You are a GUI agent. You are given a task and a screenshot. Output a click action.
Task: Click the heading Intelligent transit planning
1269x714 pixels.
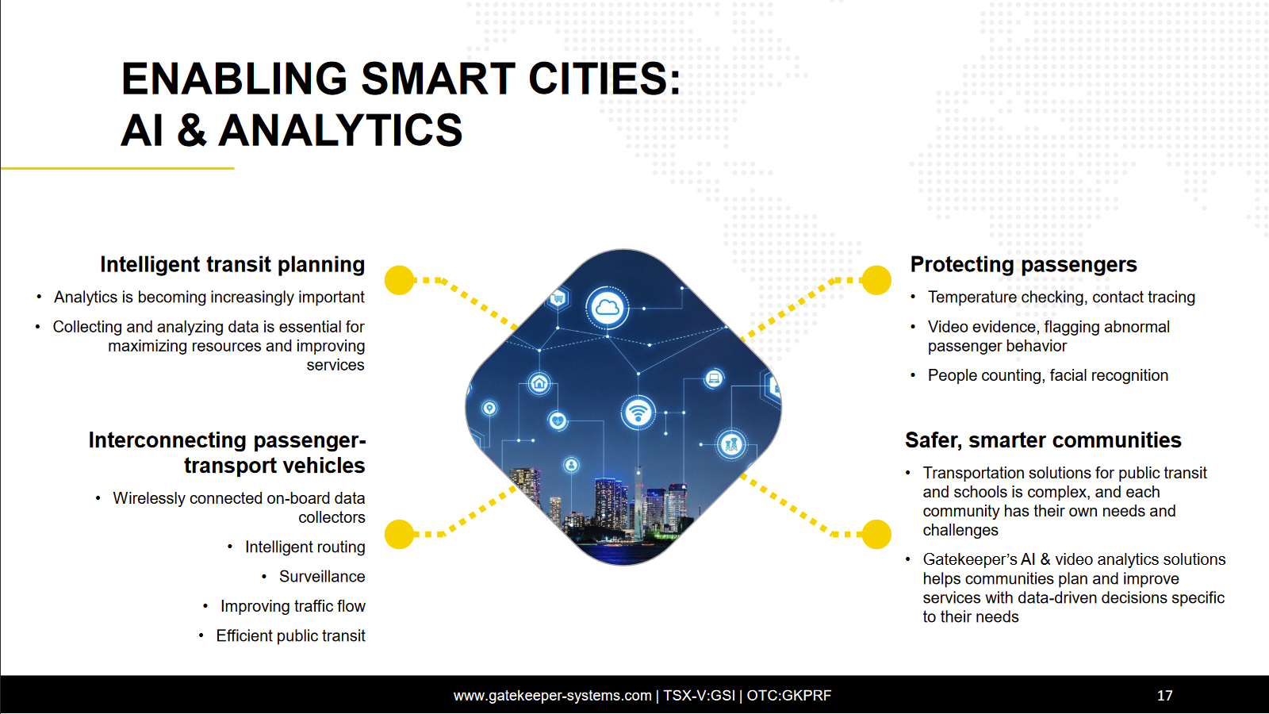tap(232, 265)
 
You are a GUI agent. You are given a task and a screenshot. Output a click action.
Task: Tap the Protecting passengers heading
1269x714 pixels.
tap(1023, 265)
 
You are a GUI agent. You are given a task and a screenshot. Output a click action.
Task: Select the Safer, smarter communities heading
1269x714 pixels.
tap(1043, 440)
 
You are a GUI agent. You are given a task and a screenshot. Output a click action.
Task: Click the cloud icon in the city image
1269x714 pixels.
tap(607, 308)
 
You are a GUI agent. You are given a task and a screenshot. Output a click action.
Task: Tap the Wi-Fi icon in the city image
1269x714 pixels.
tap(638, 412)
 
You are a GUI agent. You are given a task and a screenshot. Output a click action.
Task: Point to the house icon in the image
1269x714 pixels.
tap(539, 384)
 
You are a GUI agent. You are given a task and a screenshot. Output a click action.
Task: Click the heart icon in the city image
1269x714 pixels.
tap(558, 420)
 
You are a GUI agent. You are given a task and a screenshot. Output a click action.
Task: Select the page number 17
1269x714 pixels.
tap(1164, 695)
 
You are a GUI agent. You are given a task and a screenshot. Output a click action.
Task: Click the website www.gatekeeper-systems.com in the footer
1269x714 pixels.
tap(552, 695)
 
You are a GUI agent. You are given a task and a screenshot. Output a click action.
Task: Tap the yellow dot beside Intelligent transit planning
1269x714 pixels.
tap(400, 280)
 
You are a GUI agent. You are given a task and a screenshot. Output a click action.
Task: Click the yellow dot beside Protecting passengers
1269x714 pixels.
tap(876, 280)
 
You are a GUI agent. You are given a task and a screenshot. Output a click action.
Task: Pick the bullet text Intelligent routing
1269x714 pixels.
tap(305, 547)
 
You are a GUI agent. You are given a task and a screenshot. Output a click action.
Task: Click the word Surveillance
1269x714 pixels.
tap(322, 576)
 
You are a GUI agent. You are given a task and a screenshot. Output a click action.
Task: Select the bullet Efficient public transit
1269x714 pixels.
tap(290, 635)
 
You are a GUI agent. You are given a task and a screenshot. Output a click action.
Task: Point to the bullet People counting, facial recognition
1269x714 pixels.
tap(1048, 375)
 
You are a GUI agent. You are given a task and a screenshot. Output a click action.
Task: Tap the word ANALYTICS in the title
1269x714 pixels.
tap(340, 130)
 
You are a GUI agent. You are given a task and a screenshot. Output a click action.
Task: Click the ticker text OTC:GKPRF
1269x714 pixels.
tap(789, 695)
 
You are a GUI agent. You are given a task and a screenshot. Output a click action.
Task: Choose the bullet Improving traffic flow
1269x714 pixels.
tap(293, 606)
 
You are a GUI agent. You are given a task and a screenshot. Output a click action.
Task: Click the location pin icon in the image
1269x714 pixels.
tap(489, 408)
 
